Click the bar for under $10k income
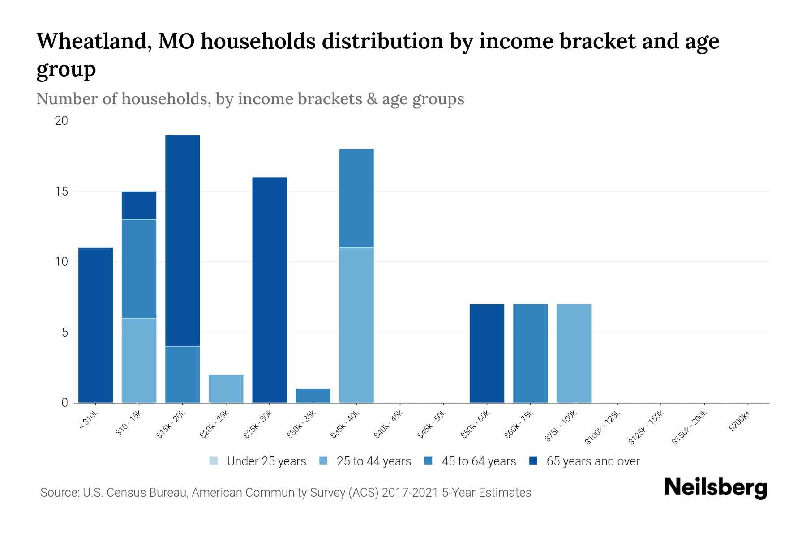pyautogui.click(x=95, y=325)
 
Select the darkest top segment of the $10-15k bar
pyautogui.click(x=139, y=205)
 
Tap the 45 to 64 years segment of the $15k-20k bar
pyautogui.click(x=182, y=374)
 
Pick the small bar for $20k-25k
pyautogui.click(x=226, y=388)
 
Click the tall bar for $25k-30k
pyautogui.click(x=270, y=290)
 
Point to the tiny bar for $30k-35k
pyautogui.click(x=313, y=396)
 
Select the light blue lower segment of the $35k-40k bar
pyautogui.click(x=356, y=325)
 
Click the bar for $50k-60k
pyautogui.click(x=487, y=353)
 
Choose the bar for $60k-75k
pyautogui.click(x=530, y=353)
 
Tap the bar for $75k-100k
pyautogui.click(x=574, y=353)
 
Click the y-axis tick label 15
pyautogui.click(x=61, y=192)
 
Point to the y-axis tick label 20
pyautogui.click(x=61, y=121)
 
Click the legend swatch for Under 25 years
pyautogui.click(x=214, y=461)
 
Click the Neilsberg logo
pyautogui.click(x=716, y=488)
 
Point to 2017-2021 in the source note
pyautogui.click(x=410, y=493)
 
